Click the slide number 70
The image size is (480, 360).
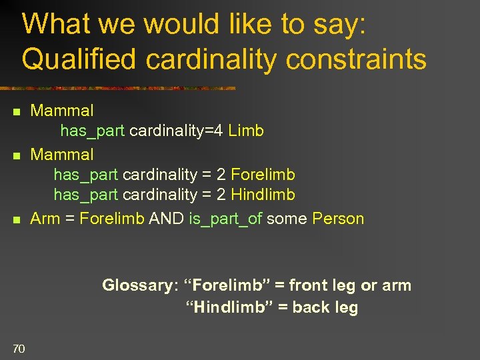[x=18, y=347]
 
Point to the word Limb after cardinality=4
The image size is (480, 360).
[x=246, y=131]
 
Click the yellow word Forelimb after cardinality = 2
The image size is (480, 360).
[x=263, y=175]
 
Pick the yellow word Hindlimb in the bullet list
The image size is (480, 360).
[x=263, y=195]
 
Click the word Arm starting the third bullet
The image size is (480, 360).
[x=45, y=219]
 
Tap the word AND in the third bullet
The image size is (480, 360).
[x=167, y=219]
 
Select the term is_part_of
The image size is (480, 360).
[x=225, y=219]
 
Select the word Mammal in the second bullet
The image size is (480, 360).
[x=62, y=155]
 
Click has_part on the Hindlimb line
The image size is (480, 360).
[x=85, y=195]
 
